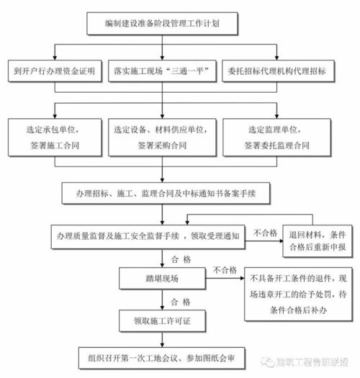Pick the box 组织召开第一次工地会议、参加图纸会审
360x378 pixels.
(x=162, y=357)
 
